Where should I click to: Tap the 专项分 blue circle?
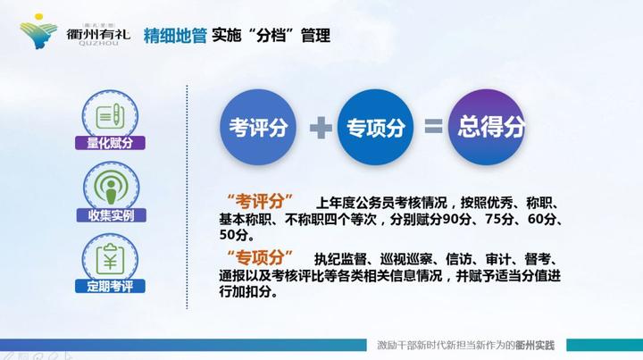click(376, 127)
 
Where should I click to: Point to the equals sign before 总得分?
click(433, 128)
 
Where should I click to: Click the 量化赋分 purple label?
click(111, 142)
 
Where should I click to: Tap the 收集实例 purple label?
click(111, 215)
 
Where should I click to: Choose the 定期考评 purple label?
click(111, 287)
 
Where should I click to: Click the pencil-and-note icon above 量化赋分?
click(111, 113)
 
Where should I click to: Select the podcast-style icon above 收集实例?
click(111, 185)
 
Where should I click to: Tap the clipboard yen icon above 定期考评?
click(111, 257)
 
